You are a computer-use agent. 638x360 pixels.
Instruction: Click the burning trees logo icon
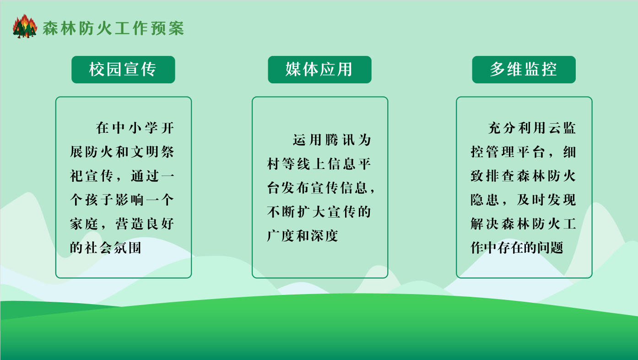[x=25, y=26]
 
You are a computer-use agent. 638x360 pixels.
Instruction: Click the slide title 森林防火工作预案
[x=114, y=28]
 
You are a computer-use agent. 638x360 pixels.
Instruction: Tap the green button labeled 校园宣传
[x=123, y=70]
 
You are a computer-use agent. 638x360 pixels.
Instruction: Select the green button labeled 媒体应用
[x=319, y=70]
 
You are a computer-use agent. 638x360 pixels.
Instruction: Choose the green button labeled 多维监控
[x=524, y=70]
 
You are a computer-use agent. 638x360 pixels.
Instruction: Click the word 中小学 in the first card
[x=135, y=128]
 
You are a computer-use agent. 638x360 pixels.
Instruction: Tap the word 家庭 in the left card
[x=84, y=224]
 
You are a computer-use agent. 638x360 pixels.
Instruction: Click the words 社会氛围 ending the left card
[x=113, y=248]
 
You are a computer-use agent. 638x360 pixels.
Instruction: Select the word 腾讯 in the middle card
[x=340, y=140]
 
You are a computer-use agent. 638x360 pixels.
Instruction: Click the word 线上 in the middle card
[x=311, y=164]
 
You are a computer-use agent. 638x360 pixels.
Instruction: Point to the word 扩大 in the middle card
[x=311, y=212]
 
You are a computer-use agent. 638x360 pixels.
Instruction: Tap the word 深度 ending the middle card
[x=324, y=236]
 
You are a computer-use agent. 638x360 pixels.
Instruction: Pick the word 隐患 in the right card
[x=485, y=200]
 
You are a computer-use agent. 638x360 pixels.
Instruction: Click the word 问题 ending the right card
[x=550, y=248]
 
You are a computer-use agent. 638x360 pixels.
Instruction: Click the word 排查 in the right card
[x=500, y=176]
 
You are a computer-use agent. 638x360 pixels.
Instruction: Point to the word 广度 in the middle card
[x=281, y=236]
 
